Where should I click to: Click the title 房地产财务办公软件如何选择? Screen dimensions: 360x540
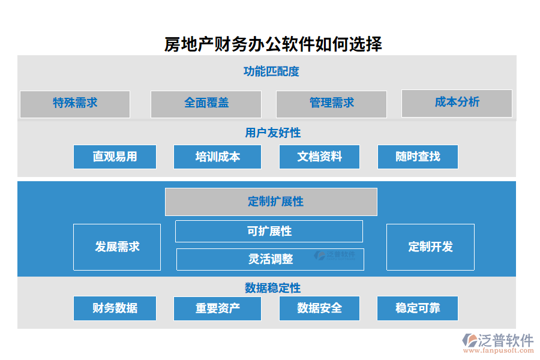click(273, 44)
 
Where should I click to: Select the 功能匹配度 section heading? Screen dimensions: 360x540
click(271, 71)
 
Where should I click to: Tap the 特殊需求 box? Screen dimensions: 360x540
click(75, 104)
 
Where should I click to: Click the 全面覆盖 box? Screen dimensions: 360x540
click(206, 104)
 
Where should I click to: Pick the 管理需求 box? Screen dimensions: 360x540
click(331, 104)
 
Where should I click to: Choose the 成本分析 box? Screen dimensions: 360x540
click(457, 103)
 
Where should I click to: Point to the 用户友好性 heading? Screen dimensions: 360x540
click(273, 133)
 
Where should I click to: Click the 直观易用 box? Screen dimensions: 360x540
click(115, 157)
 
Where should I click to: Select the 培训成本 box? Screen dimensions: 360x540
click(217, 157)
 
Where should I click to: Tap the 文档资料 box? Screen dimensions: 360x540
click(319, 157)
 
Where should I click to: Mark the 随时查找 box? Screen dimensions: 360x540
click(418, 157)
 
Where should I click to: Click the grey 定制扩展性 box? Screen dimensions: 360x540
click(271, 202)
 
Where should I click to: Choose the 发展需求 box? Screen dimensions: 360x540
click(117, 247)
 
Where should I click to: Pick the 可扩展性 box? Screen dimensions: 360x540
click(269, 231)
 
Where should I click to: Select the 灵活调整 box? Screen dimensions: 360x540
click(270, 259)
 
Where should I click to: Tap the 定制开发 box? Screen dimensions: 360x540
click(430, 247)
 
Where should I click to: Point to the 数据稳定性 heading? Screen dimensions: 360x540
click(272, 288)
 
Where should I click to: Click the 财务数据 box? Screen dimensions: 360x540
click(115, 308)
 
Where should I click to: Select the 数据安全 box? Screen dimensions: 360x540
click(319, 308)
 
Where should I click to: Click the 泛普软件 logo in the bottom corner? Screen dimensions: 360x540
click(497, 343)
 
